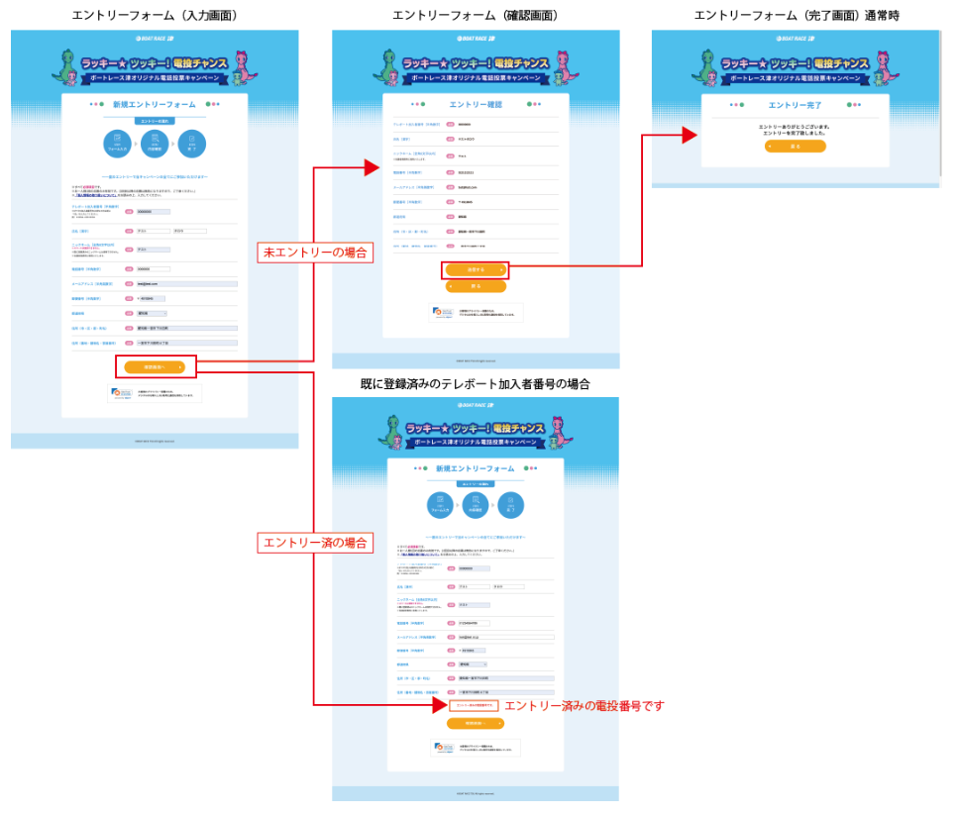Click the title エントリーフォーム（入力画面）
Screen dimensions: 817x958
156,15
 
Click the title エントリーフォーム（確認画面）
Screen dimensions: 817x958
476,15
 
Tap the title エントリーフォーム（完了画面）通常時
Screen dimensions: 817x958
797,15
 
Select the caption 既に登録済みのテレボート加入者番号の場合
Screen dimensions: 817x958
476,384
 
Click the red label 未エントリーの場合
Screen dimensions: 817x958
315,253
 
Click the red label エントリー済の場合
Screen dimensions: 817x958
315,543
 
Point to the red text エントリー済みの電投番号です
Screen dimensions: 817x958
584,706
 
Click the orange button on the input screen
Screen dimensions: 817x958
155,367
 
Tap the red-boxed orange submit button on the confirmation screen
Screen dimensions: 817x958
476,269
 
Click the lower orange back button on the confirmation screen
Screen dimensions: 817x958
476,286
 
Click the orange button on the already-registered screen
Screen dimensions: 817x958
476,724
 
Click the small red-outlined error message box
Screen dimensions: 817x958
474,706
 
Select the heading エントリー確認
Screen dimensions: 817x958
476,103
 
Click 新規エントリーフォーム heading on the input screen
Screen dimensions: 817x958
155,104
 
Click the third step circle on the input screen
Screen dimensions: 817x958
191,145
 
